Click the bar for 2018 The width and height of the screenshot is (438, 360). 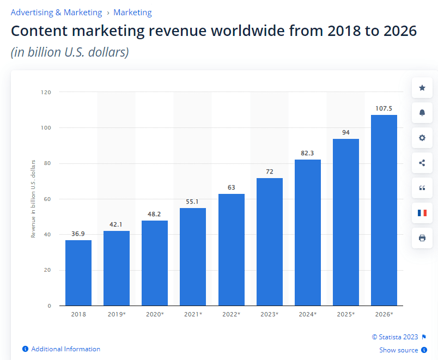click(x=78, y=272)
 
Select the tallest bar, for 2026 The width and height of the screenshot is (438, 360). click(x=384, y=210)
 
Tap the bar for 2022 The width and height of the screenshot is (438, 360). click(x=232, y=249)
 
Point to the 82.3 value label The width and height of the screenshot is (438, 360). click(x=308, y=153)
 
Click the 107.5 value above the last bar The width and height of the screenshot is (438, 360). click(x=384, y=108)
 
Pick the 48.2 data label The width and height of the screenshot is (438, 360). click(x=155, y=214)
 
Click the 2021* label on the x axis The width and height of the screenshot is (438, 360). click(x=193, y=314)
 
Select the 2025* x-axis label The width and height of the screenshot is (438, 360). click(x=346, y=314)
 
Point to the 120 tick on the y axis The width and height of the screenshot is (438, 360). click(x=46, y=92)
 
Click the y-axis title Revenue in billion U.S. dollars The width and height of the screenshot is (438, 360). click(x=33, y=199)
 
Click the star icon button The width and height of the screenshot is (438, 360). click(x=422, y=88)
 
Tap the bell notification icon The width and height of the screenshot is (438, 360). click(x=422, y=113)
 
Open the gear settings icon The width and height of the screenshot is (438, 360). click(x=422, y=138)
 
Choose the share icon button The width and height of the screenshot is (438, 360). click(x=422, y=163)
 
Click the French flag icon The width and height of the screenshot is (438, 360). click(x=422, y=213)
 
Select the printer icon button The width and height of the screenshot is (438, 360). click(x=422, y=238)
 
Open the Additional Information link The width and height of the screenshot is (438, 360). click(x=65, y=349)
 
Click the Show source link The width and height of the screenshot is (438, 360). click(x=399, y=350)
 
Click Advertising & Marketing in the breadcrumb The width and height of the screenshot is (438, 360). click(x=56, y=12)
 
